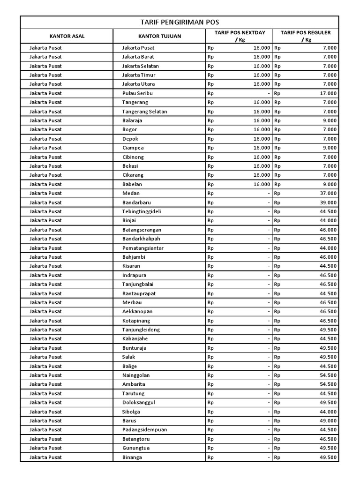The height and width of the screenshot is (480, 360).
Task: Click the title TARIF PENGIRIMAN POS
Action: point(180,22)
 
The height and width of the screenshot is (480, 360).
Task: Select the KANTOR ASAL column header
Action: point(67,36)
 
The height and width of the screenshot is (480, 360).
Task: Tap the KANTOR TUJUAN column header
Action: point(159,36)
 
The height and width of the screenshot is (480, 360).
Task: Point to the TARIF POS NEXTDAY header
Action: point(240,36)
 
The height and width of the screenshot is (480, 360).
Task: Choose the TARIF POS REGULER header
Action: point(306,36)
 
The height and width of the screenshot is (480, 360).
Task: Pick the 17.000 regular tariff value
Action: point(328,93)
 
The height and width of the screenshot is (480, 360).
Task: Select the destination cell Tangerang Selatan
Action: point(144,112)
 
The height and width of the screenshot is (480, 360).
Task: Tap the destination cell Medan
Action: point(131,193)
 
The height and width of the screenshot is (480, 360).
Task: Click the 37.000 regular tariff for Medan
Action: point(328,193)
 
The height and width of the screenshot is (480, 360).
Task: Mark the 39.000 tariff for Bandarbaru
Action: point(328,202)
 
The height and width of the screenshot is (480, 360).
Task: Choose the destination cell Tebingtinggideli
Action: point(142,211)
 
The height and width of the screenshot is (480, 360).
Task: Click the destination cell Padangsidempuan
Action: point(144,430)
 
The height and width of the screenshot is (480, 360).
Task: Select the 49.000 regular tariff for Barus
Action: point(328,420)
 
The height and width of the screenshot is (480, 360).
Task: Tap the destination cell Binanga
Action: point(132,457)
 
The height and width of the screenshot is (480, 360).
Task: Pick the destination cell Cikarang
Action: point(132,175)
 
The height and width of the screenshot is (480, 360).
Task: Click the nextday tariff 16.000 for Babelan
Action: point(262,184)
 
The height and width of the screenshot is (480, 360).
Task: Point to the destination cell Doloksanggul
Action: point(139,403)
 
